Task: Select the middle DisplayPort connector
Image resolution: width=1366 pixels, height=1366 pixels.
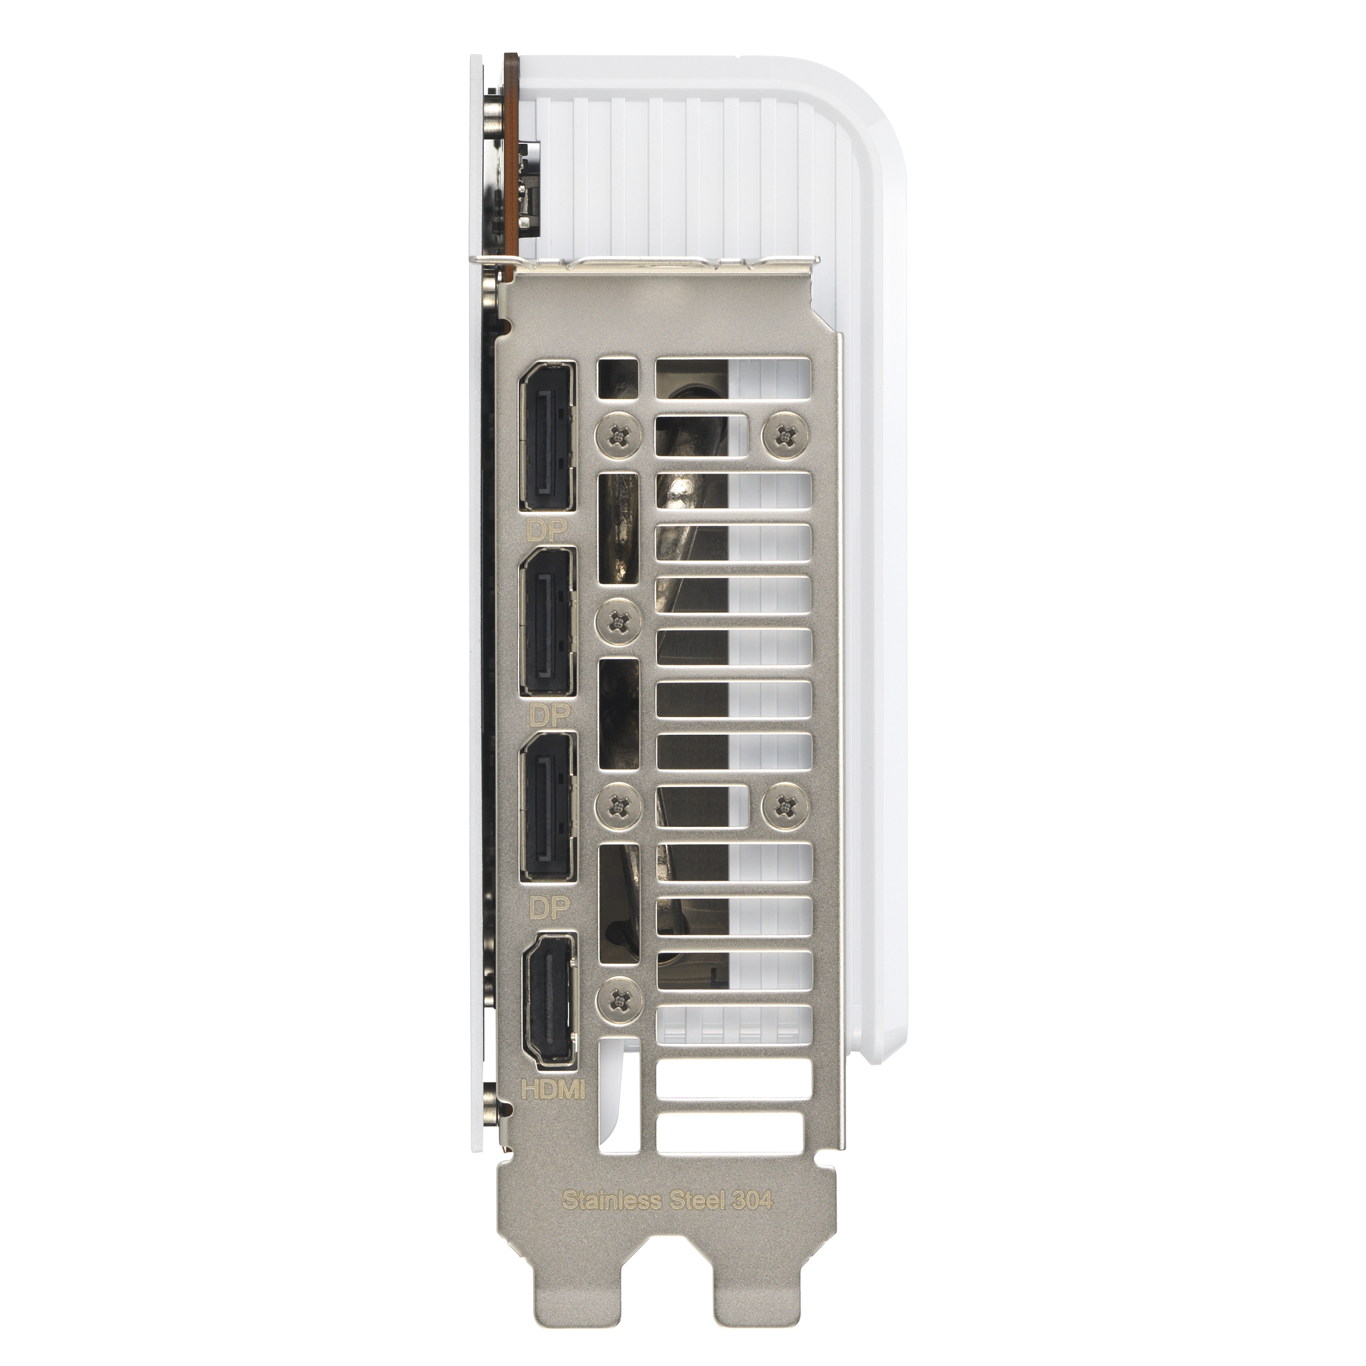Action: coord(549,622)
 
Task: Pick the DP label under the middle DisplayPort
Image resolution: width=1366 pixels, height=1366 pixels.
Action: coord(549,715)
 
